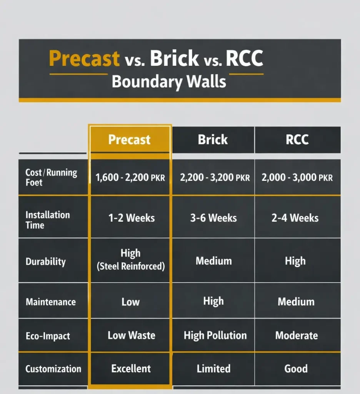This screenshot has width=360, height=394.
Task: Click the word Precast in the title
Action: point(84,58)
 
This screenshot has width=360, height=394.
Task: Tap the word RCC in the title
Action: point(244,58)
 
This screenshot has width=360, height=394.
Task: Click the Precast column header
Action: point(129,139)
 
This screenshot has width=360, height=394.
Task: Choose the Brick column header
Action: point(213,139)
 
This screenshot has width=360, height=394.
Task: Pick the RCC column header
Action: point(297,139)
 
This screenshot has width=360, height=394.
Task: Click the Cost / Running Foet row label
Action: point(51,177)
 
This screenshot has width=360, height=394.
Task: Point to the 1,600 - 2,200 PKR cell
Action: point(130,178)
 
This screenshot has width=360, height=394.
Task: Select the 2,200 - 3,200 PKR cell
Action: point(215,178)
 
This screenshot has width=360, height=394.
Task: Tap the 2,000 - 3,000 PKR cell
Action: point(297,178)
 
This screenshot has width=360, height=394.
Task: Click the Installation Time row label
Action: point(48,220)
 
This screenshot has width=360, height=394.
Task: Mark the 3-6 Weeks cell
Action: point(213,218)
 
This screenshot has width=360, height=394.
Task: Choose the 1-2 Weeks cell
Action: point(131,218)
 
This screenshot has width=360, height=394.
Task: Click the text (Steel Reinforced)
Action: point(130,266)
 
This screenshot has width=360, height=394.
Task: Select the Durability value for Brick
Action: point(213,261)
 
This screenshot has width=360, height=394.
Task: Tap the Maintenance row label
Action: point(51,302)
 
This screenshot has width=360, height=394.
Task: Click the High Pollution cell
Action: point(215,335)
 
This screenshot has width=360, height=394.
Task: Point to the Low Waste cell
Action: point(131,335)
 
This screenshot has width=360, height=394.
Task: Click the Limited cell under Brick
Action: point(213,369)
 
